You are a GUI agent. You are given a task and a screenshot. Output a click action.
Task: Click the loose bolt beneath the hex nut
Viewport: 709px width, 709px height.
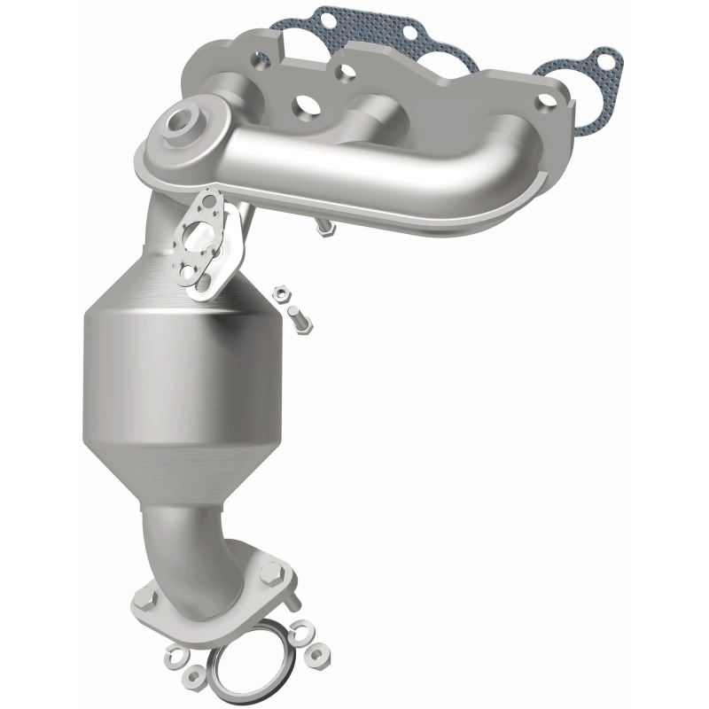[299, 320]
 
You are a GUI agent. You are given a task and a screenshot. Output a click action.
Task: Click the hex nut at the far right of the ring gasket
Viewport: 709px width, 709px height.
[316, 657]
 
